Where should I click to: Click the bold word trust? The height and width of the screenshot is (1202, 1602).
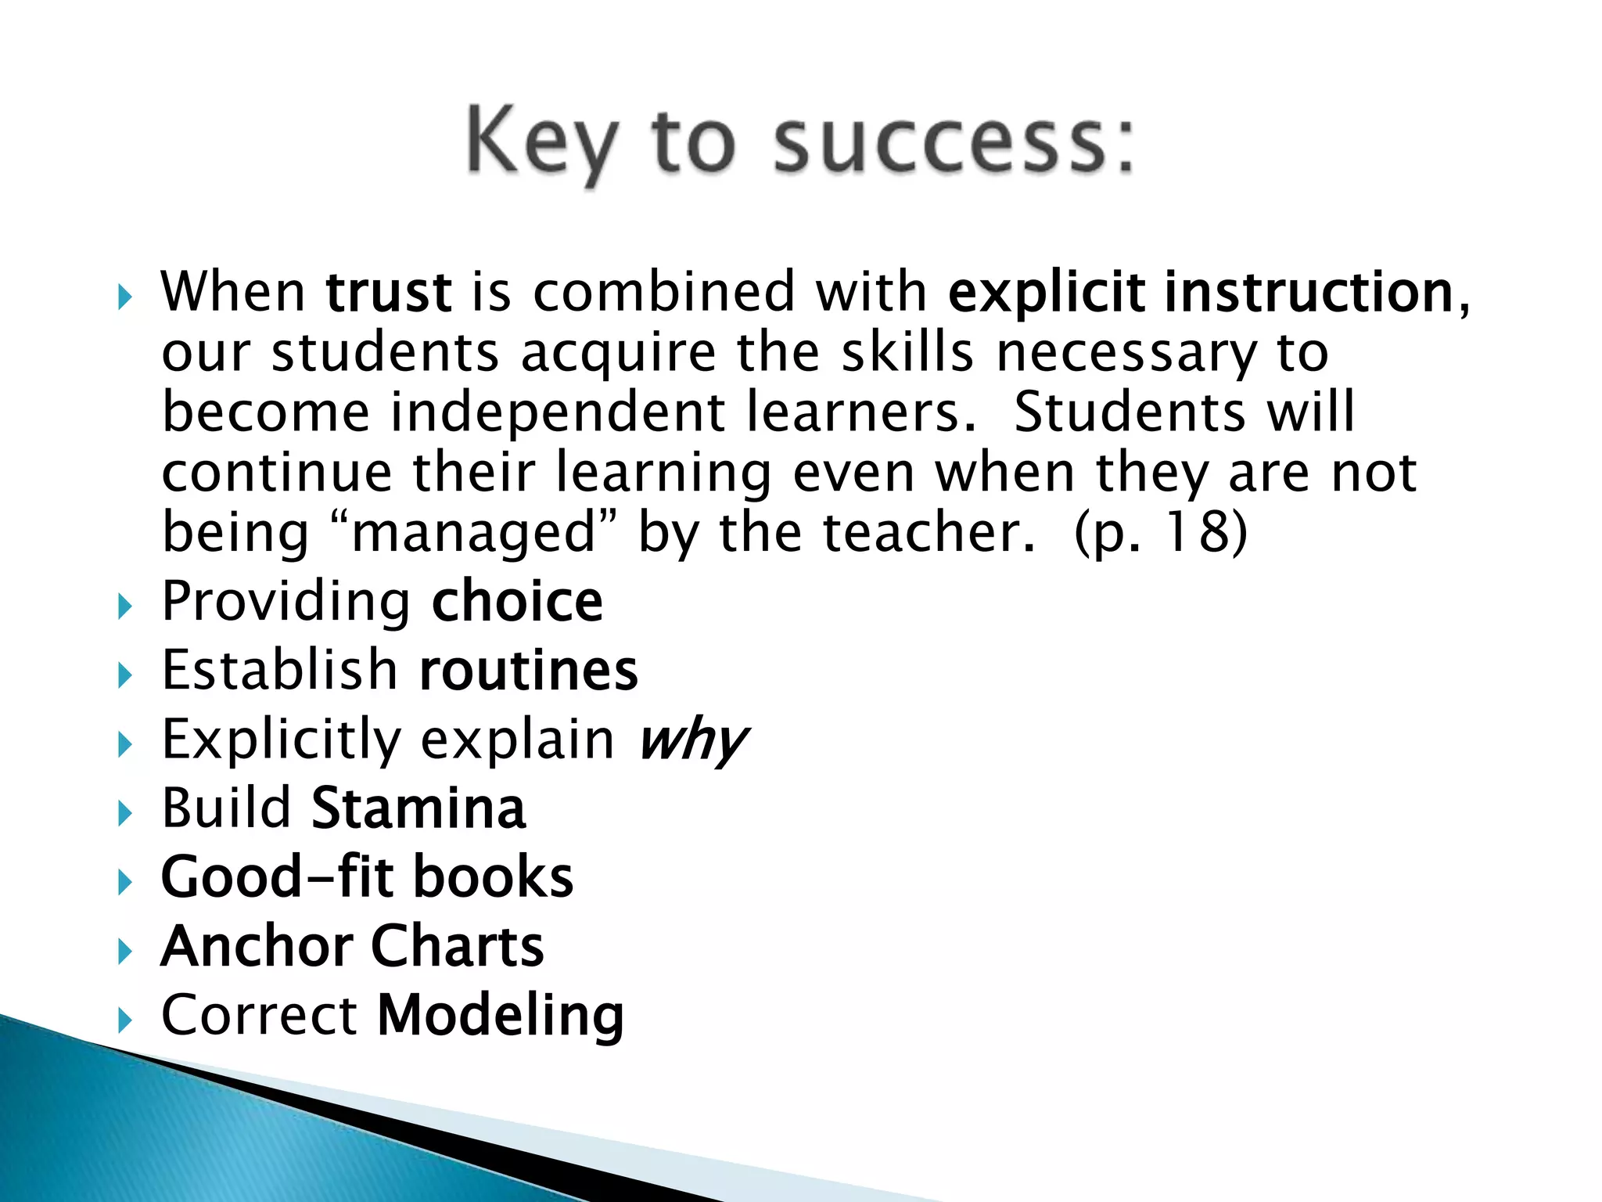(389, 292)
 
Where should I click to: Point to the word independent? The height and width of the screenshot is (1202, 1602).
(558, 412)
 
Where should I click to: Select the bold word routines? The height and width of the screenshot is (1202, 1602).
(529, 671)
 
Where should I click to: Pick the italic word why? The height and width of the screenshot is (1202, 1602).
(693, 740)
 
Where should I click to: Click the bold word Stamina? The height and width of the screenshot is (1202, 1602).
(418, 808)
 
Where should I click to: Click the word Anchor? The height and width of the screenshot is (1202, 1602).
(257, 946)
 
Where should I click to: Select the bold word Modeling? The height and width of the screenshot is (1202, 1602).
(501, 1015)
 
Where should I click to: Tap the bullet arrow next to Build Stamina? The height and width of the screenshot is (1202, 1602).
(125, 812)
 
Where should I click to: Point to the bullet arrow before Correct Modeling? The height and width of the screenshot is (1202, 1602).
(125, 1019)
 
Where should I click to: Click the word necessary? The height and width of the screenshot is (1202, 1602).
(1126, 352)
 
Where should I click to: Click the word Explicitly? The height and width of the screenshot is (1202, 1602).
(281, 740)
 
